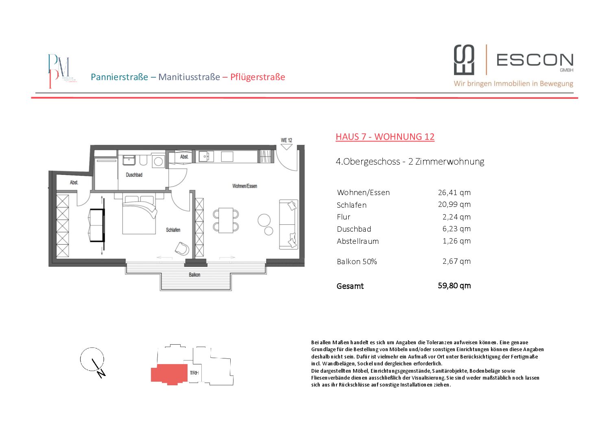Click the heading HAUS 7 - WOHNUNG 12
385,137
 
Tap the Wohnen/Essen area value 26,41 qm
454,193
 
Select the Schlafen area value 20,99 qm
454,204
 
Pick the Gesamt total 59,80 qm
454,286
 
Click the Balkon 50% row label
357,262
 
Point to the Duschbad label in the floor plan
134,175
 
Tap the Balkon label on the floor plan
194,275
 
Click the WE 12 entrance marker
286,141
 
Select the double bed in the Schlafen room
140,215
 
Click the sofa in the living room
288,224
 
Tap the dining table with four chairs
226,220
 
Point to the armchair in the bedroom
182,248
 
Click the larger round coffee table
264,220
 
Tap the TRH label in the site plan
194,373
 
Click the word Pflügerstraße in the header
258,77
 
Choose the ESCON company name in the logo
535,60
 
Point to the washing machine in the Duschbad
158,161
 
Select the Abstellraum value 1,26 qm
456,241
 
